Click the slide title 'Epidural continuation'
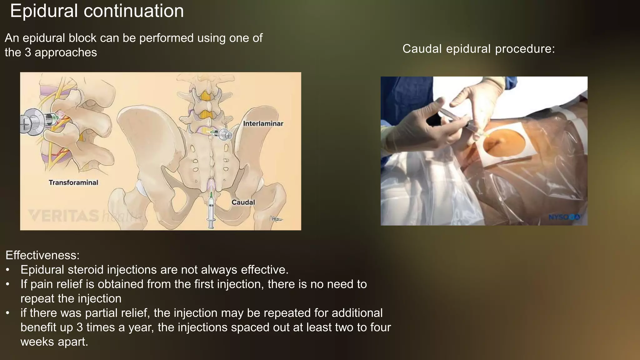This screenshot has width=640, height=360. [97, 11]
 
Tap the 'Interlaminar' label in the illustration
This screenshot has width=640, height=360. [263, 124]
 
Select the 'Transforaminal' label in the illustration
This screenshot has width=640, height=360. [73, 182]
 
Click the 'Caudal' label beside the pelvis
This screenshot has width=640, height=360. [243, 202]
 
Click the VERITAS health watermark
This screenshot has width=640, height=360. [84, 216]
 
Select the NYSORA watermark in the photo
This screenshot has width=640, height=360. [564, 217]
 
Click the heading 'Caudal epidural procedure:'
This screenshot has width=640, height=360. [478, 49]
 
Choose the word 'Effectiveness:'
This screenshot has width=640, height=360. [42, 255]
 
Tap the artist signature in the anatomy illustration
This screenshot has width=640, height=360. [276, 219]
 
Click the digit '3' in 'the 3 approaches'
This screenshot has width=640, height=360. [28, 52]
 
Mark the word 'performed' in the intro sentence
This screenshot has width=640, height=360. [167, 38]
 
